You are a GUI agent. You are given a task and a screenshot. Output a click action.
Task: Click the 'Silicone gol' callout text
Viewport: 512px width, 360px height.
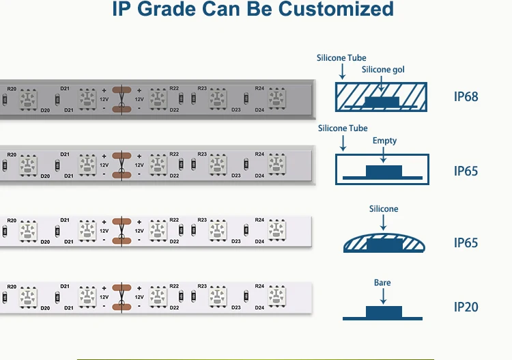coord(384,70)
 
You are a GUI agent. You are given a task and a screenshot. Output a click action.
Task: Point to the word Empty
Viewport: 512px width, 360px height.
coord(384,141)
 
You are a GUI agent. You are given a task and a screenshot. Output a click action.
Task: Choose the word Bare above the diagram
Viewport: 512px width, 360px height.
coord(382,283)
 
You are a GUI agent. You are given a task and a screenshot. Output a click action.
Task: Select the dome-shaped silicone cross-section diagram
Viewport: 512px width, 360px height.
coord(382,243)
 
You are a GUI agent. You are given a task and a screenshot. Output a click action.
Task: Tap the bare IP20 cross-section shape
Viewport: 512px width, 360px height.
coord(382,314)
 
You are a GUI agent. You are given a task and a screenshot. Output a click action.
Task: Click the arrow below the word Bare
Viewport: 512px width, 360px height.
coord(383,296)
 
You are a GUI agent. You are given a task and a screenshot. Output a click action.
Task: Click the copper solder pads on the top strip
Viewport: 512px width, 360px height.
coord(122,99)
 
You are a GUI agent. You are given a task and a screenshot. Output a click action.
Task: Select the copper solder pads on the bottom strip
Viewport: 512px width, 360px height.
coord(122,298)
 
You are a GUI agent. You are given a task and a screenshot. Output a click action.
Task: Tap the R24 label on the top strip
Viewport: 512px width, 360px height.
coord(259,88)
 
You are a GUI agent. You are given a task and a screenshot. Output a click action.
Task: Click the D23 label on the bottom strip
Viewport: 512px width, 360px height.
coord(236,308)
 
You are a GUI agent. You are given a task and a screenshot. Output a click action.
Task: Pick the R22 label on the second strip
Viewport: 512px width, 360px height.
coord(174,154)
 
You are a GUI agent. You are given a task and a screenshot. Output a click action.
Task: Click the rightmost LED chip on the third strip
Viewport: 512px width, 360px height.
coord(276,230)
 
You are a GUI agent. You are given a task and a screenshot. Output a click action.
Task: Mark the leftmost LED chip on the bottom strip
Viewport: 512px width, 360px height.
coord(28,297)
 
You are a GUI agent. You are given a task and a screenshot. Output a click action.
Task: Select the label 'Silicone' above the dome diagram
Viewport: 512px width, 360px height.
coord(384,209)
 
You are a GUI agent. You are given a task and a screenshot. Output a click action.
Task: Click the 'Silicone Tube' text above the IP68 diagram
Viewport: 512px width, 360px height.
coord(341,58)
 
